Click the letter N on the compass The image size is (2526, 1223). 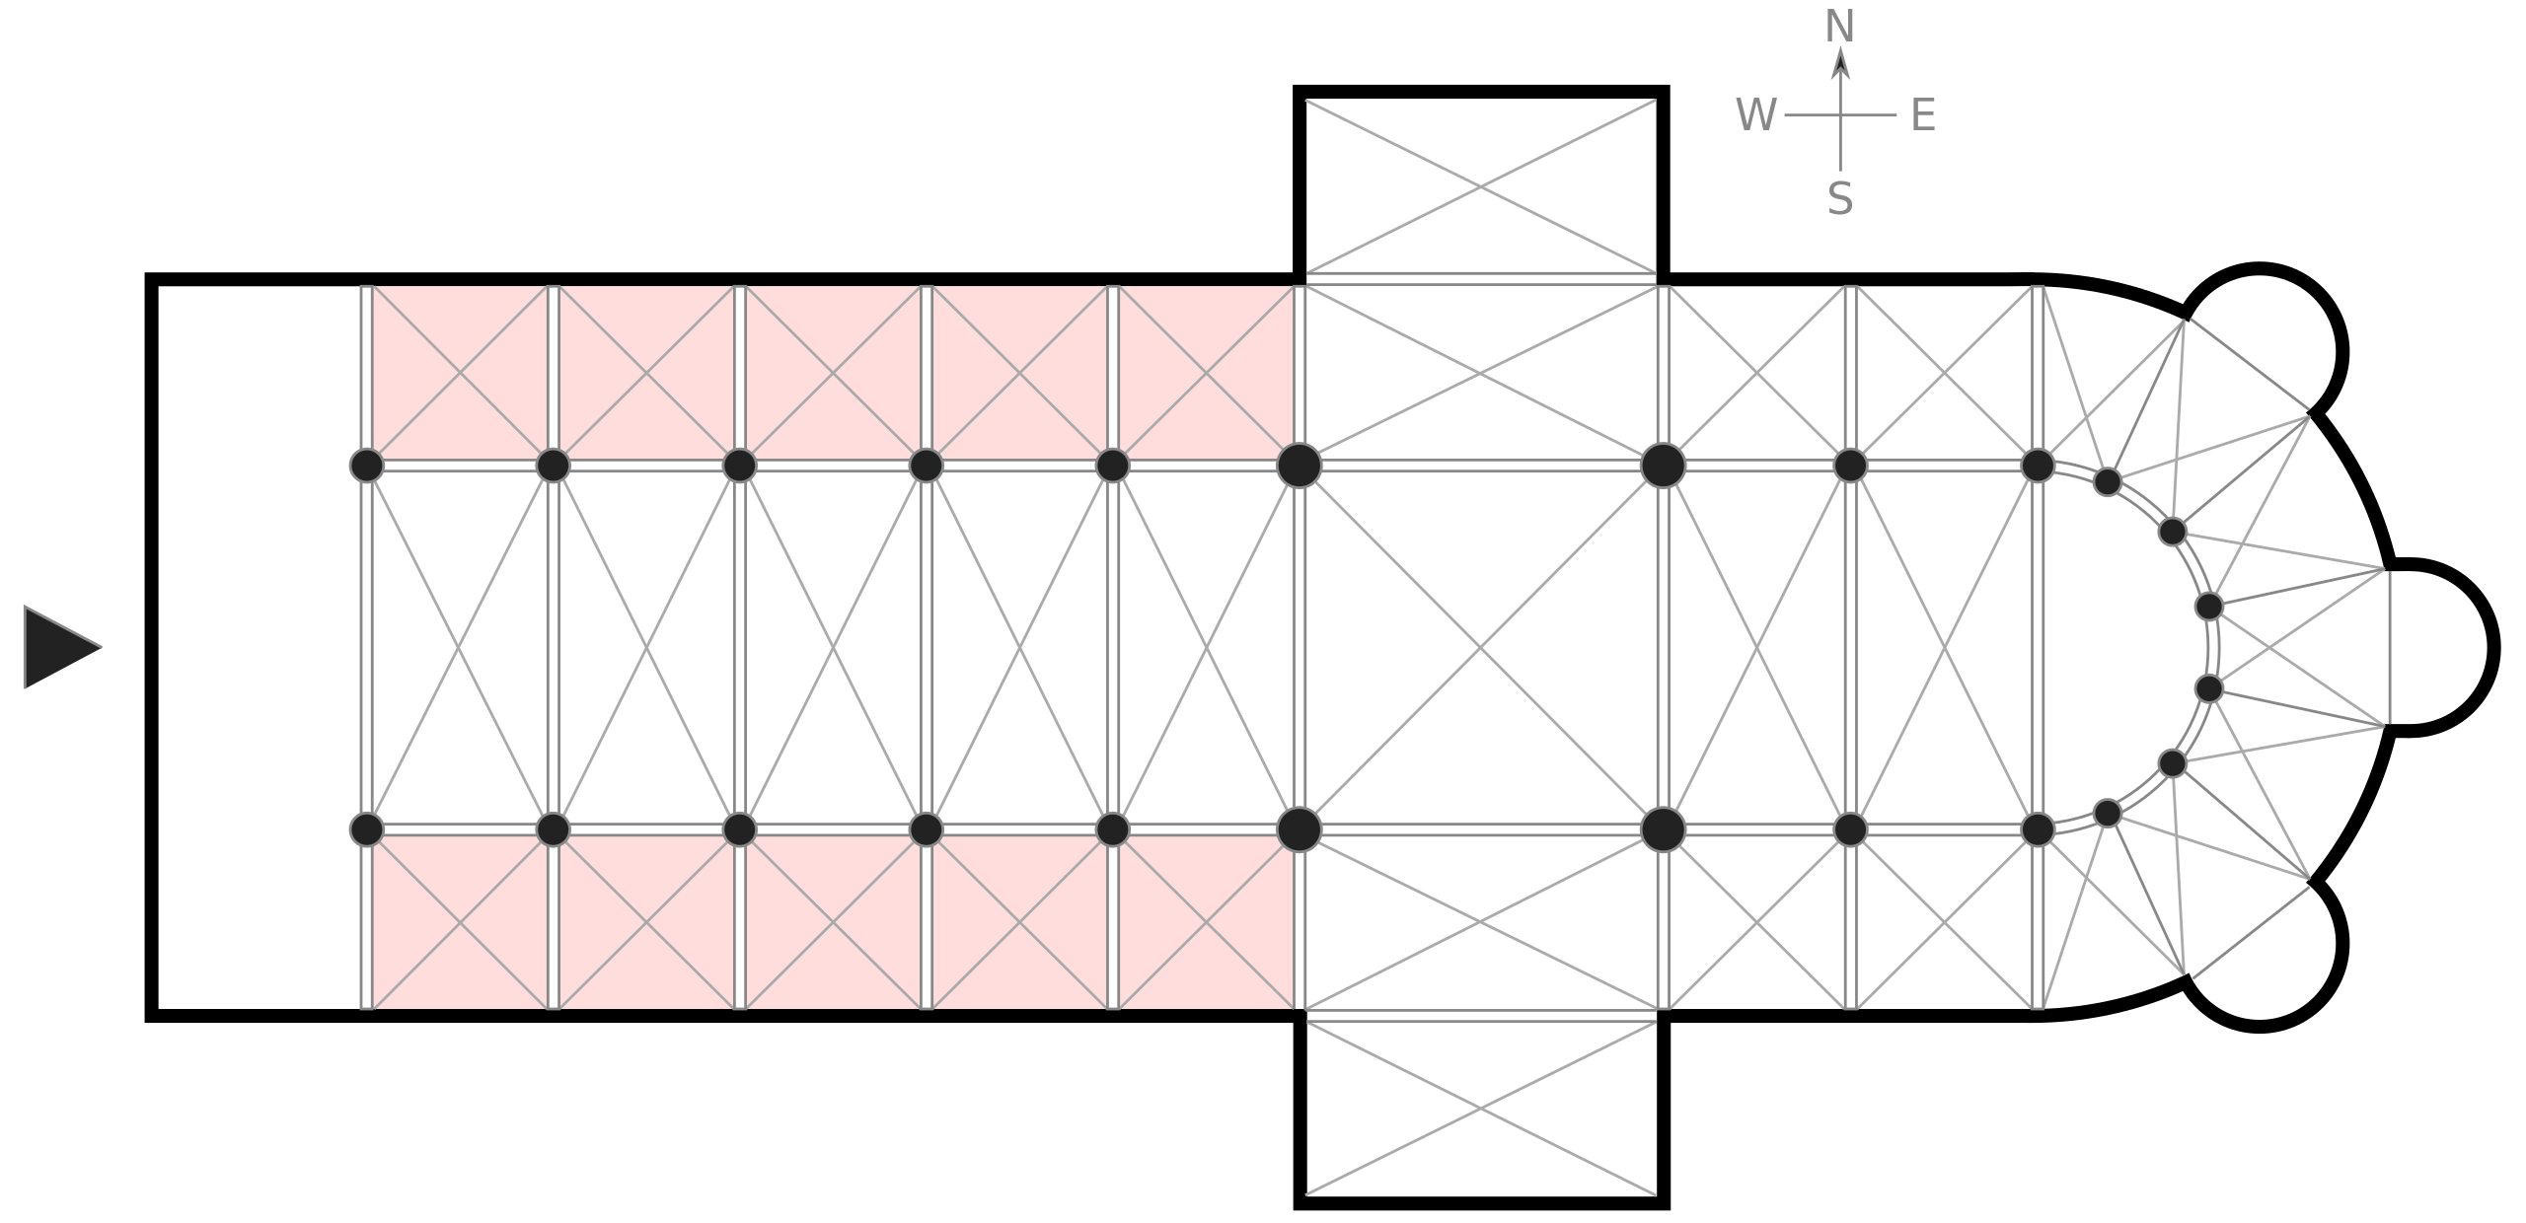[1840, 28]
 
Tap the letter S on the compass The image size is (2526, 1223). [1840, 199]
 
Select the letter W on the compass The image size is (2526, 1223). [1756, 115]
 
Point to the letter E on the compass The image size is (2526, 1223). [1923, 115]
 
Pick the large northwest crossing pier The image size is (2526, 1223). [1300, 466]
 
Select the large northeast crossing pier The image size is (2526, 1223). [1664, 466]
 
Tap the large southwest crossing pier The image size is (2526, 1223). [1300, 829]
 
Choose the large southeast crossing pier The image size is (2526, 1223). [1664, 829]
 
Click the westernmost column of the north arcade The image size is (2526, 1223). [366, 466]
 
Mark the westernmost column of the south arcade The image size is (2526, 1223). [366, 829]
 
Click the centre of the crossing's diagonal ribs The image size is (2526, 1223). [1481, 648]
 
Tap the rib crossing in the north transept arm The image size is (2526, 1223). [1481, 185]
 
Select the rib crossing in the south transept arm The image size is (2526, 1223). [1481, 1108]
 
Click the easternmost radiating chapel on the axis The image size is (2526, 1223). [2437, 647]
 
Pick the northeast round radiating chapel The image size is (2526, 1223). [2265, 345]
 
